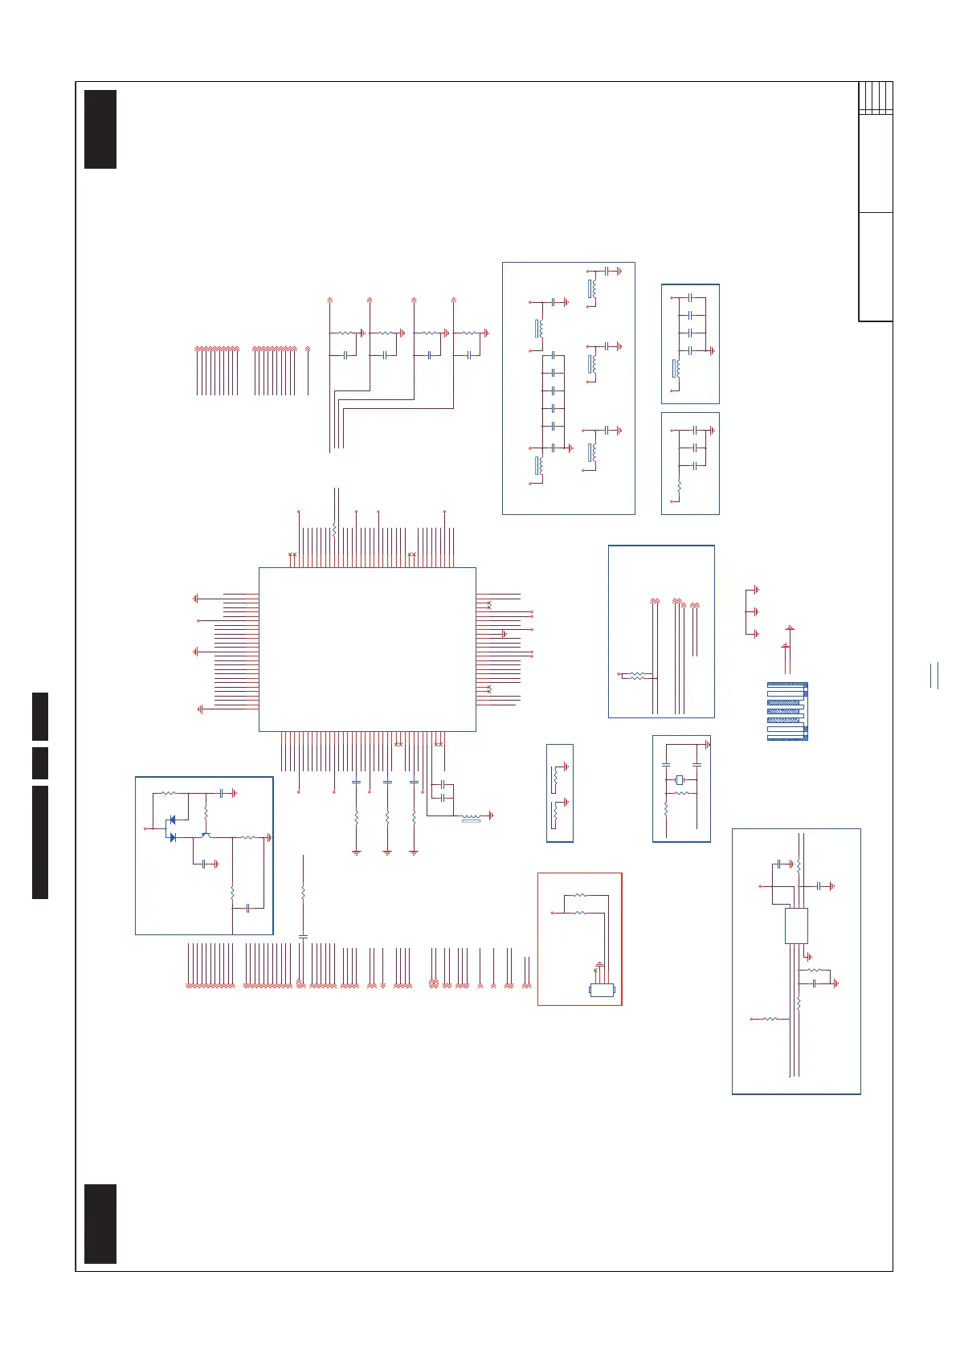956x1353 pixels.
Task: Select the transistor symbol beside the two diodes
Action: pos(206,836)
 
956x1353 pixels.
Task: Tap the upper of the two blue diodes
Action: pos(171,820)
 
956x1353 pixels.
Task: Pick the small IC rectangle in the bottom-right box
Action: pos(795,926)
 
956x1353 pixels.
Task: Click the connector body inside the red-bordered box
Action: pos(603,990)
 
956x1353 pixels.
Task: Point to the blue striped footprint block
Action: pos(787,711)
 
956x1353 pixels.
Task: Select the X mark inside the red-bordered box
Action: pos(595,971)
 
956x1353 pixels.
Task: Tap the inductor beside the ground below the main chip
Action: pos(471,819)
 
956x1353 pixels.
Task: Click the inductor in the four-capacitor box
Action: pos(676,368)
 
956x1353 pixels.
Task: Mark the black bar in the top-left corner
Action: pos(100,129)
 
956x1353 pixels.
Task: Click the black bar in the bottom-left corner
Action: pos(100,1224)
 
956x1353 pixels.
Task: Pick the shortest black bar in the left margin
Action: pos(40,762)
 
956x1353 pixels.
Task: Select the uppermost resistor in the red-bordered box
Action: pos(580,895)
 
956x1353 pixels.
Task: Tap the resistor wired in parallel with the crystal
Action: pos(682,794)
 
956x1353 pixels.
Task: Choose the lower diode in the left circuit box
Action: pos(172,836)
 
